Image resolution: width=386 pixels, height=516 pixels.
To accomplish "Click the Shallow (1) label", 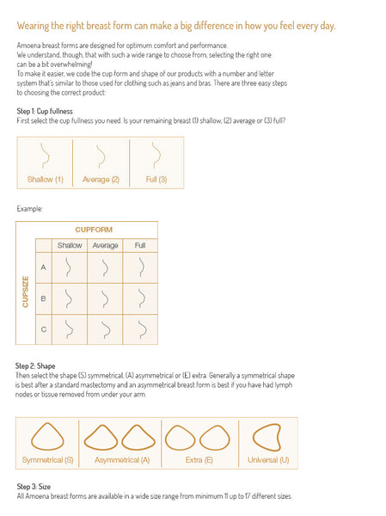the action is tap(45, 180).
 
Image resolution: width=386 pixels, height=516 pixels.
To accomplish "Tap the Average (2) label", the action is tap(101, 180).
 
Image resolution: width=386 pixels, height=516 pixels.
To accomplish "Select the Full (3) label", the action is tap(156, 180).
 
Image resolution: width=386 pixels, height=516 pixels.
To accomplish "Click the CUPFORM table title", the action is tap(94, 230).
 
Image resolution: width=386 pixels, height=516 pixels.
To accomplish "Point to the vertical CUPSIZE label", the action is tap(25, 292).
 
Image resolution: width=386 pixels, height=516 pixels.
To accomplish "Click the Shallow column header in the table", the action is tap(70, 245).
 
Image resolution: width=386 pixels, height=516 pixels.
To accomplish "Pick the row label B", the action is tap(43, 298).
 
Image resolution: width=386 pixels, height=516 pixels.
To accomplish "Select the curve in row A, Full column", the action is tap(142, 267).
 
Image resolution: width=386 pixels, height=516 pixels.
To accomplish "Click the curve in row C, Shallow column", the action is tap(69, 329).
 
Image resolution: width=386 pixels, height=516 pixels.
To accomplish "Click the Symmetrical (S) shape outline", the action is tap(47, 436).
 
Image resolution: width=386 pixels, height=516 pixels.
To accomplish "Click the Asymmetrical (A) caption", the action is tap(122, 460).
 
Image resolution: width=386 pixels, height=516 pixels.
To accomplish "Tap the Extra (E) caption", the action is tap(199, 460).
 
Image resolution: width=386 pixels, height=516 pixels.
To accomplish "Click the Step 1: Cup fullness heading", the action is tap(45, 111).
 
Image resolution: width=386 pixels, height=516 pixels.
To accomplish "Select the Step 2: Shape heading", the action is tap(35, 366).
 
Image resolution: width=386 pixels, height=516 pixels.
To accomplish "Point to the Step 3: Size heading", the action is tap(34, 487).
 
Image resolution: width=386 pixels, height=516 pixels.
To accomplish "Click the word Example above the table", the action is tap(29, 209).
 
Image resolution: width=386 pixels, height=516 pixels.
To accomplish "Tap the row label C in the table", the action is tap(44, 329).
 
